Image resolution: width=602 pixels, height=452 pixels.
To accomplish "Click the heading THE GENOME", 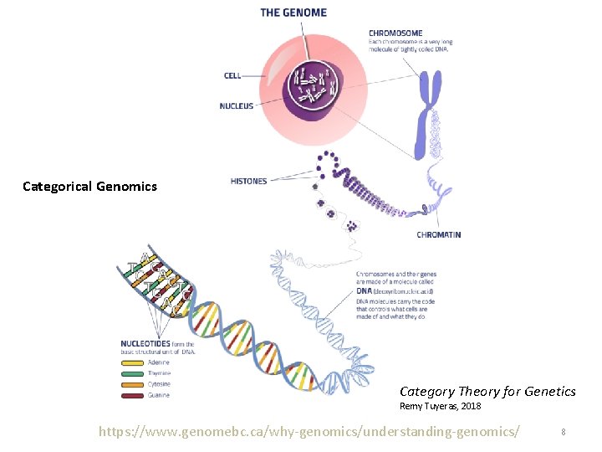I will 293,13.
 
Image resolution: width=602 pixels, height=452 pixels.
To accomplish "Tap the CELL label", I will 232,75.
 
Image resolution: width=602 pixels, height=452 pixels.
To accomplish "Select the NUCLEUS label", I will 236,106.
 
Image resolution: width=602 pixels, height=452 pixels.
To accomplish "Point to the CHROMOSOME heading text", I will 395,33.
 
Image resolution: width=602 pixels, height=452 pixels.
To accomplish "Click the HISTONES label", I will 248,181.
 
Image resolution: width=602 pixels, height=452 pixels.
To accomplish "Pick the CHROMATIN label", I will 438,235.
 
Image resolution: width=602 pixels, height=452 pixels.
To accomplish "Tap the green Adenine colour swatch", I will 134,362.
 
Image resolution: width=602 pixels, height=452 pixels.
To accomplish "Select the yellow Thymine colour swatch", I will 134,373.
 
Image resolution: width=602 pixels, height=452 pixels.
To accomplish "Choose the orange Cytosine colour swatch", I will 134,384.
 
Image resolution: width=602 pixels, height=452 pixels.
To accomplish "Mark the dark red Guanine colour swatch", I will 134,395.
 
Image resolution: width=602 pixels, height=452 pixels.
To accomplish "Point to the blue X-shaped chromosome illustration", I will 429,113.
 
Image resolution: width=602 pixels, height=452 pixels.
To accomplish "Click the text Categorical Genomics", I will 89,187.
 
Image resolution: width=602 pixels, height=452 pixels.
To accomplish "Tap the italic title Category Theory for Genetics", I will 487,391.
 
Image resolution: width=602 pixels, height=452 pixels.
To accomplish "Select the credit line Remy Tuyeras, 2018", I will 440,406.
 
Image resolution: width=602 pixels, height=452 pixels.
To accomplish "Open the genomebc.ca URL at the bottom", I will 309,431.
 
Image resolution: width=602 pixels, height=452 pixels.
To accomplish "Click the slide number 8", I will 564,432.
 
